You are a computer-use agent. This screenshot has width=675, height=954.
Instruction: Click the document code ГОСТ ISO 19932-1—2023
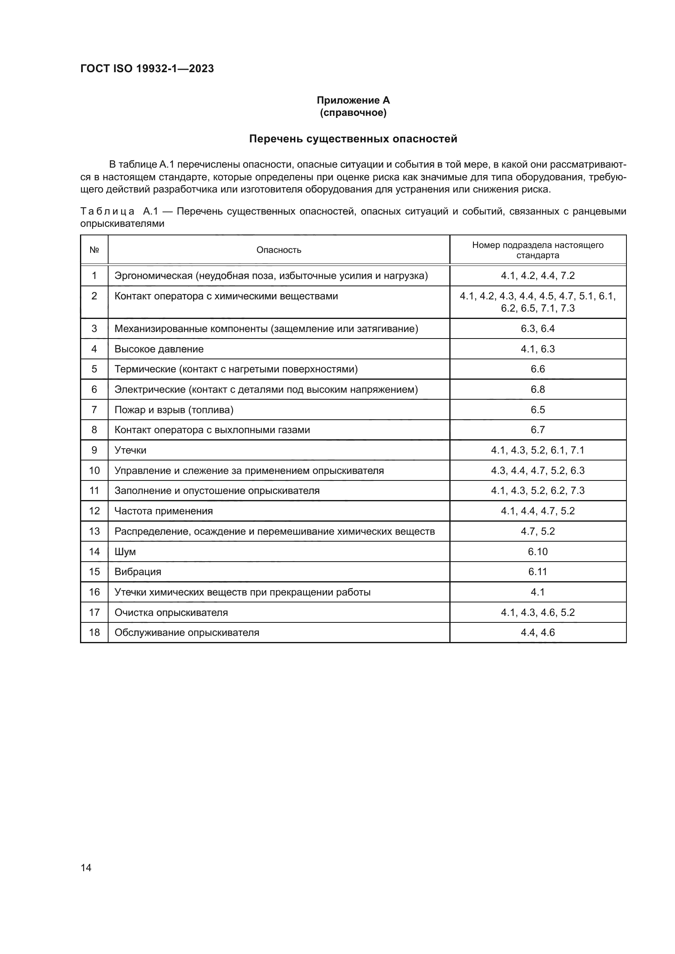click(147, 69)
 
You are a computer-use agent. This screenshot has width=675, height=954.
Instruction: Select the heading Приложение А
click(353, 100)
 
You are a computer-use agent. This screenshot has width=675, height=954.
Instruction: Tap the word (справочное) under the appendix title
click(353, 113)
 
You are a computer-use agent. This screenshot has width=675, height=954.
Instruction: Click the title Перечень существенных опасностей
click(353, 139)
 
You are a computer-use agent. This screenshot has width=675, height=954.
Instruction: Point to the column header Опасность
click(278, 250)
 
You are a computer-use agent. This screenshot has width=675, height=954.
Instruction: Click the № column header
click(94, 250)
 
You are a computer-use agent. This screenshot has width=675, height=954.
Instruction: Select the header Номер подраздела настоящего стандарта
click(537, 250)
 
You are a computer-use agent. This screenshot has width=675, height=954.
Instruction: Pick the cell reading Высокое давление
click(159, 349)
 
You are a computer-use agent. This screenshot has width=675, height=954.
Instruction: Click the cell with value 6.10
click(537, 551)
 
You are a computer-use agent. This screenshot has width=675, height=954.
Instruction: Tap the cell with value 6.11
click(537, 572)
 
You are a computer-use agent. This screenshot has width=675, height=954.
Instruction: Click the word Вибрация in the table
click(138, 572)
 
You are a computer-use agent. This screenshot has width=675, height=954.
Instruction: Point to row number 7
click(94, 409)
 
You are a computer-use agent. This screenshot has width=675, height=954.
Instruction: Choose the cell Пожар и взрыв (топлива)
click(174, 410)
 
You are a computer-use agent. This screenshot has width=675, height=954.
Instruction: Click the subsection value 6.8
click(537, 390)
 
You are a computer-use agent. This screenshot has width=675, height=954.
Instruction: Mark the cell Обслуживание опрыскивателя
click(187, 633)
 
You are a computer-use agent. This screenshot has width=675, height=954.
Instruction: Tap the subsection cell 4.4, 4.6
click(537, 633)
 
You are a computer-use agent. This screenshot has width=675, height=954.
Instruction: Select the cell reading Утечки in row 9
click(130, 450)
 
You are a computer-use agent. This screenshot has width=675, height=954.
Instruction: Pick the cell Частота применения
click(163, 511)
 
